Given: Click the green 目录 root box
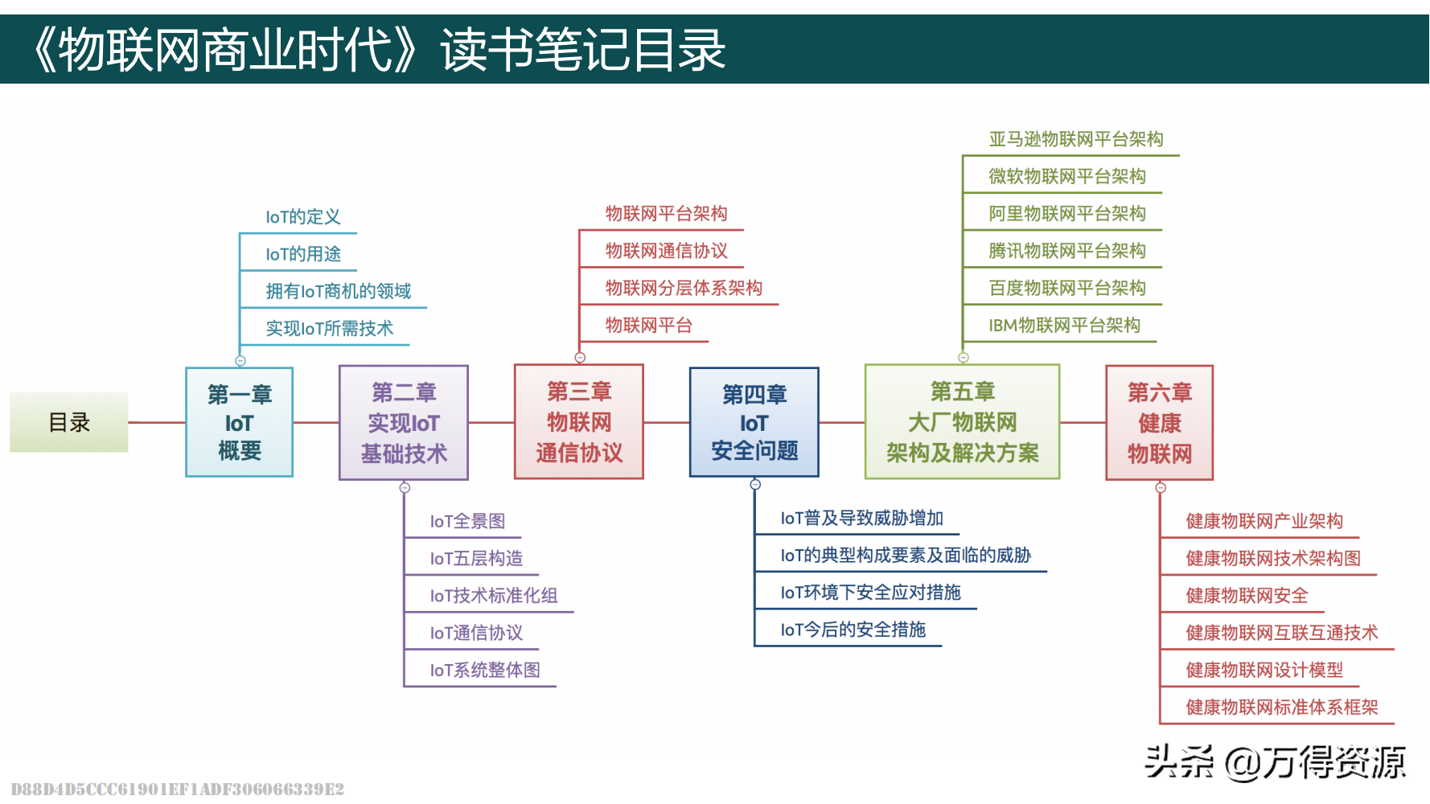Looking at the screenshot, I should pyautogui.click(x=69, y=422).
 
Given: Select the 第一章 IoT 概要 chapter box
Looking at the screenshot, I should pyautogui.click(x=240, y=422).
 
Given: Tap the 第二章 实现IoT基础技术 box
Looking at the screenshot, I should pyautogui.click(x=404, y=422).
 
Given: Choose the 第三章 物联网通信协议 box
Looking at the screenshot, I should pyautogui.click(x=579, y=422).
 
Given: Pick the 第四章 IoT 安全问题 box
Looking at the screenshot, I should pyautogui.click(x=754, y=422).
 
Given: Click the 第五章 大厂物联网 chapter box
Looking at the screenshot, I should pyautogui.click(x=963, y=422).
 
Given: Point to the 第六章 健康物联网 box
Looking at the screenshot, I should pyautogui.click(x=1160, y=422).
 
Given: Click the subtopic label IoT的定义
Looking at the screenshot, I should pyautogui.click(x=303, y=217).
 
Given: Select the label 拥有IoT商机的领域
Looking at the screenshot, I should pyautogui.click(x=338, y=291).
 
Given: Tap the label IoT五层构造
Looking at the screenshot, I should pyautogui.click(x=476, y=558).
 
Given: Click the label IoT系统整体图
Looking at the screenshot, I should pyautogui.click(x=485, y=670).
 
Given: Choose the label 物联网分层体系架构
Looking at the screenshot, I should pyautogui.click(x=684, y=288).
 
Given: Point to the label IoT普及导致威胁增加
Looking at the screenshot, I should pyautogui.click(x=861, y=518).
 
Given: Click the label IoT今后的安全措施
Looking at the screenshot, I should pyautogui.click(x=853, y=630).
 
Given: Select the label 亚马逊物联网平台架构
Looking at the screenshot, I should pyautogui.click(x=1075, y=139).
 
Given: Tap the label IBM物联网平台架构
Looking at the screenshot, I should pyautogui.click(x=1064, y=326).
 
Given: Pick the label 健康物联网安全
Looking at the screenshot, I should pyautogui.click(x=1247, y=596).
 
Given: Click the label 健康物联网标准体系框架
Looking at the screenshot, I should pyautogui.click(x=1282, y=708).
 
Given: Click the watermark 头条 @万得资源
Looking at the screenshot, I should pyautogui.click(x=1275, y=762).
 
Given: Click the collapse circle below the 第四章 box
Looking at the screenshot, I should pyautogui.click(x=755, y=484).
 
